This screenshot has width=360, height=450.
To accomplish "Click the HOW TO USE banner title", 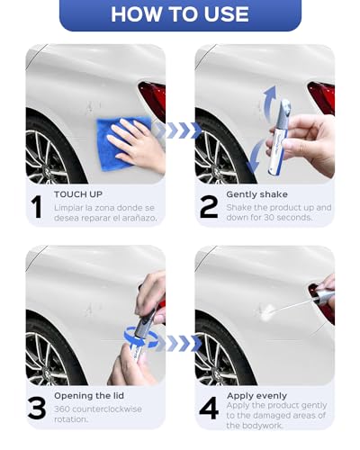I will coord(180,14).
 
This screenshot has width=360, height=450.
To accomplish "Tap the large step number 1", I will coord(37,206).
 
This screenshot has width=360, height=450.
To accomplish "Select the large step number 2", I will coord(209,206).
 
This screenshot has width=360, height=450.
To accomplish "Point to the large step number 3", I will coord(37,409).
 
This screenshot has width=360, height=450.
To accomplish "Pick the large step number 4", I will coord(209,409).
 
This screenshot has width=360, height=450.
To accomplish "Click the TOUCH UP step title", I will coord(78,193).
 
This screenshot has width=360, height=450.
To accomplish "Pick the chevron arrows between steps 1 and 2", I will coord(177,130).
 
